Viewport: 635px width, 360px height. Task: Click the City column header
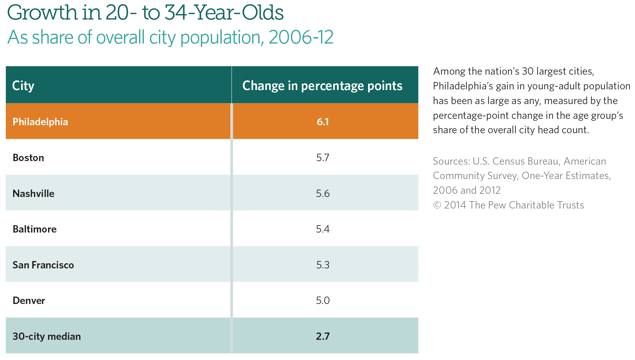pyautogui.click(x=23, y=86)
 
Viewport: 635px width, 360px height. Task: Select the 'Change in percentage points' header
pyautogui.click(x=322, y=86)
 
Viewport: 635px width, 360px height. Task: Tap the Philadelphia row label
pyautogui.click(x=40, y=122)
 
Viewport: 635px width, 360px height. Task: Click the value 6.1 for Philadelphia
pyautogui.click(x=323, y=122)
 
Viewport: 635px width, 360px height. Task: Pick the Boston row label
pyautogui.click(x=28, y=158)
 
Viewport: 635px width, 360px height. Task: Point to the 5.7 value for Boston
pyautogui.click(x=323, y=158)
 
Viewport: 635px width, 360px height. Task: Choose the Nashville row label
pyautogui.click(x=33, y=193)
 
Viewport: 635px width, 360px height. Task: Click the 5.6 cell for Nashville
pyautogui.click(x=323, y=193)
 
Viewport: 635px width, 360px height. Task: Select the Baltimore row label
pyautogui.click(x=35, y=229)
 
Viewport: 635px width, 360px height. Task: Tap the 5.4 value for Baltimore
pyautogui.click(x=323, y=229)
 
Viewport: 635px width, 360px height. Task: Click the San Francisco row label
pyautogui.click(x=43, y=265)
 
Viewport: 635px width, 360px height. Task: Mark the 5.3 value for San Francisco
pyautogui.click(x=323, y=265)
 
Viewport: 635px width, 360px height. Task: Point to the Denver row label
pyautogui.click(x=29, y=300)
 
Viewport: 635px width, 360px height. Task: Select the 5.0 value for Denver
pyautogui.click(x=323, y=300)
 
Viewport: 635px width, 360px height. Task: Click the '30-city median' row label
pyautogui.click(x=46, y=336)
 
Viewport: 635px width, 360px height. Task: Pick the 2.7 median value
pyautogui.click(x=323, y=336)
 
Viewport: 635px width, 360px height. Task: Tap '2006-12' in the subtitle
pyautogui.click(x=301, y=37)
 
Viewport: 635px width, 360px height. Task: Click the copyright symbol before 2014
pyautogui.click(x=437, y=205)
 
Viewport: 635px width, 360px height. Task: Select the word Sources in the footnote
pyautogui.click(x=451, y=161)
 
